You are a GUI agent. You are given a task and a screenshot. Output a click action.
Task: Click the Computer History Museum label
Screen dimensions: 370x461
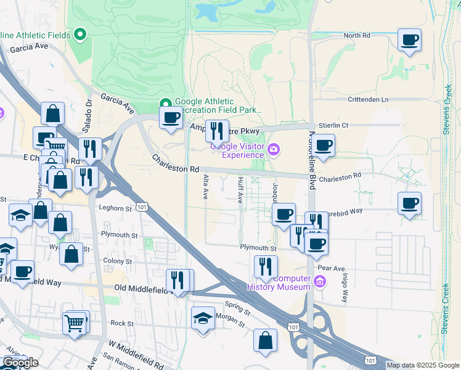(x=279, y=282)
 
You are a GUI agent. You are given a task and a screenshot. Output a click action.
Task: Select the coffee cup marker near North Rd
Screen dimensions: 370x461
(x=409, y=41)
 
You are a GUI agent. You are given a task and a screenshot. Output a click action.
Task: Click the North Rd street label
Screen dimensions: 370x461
(x=357, y=36)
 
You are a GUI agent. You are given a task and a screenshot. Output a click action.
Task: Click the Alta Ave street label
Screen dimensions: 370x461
(x=206, y=186)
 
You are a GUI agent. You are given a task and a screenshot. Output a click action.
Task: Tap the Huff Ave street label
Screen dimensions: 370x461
(x=240, y=189)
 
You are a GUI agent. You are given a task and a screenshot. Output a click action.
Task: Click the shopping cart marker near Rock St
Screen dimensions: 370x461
(x=75, y=323)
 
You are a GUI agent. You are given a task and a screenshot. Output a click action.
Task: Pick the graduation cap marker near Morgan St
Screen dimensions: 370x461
(x=203, y=319)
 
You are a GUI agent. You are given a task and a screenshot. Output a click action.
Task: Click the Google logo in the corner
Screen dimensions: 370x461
(x=20, y=362)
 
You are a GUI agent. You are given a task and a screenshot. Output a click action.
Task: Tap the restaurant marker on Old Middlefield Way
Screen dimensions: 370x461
(x=177, y=281)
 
